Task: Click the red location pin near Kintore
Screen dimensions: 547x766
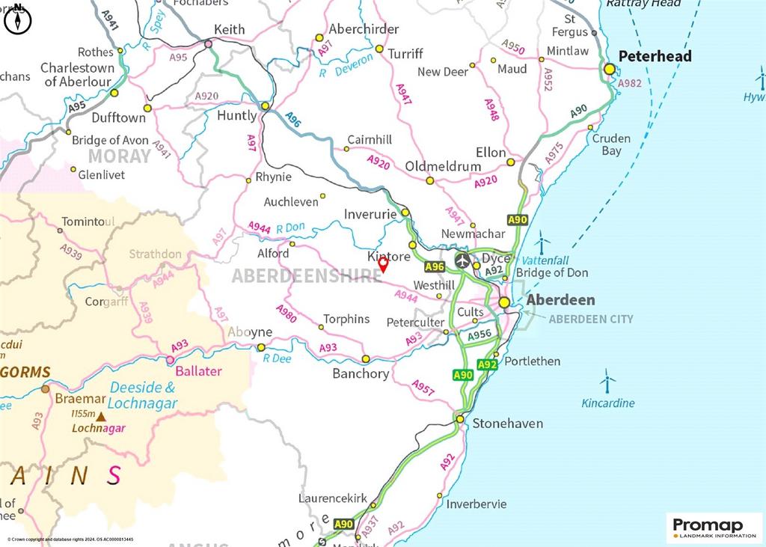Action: pyautogui.click(x=383, y=264)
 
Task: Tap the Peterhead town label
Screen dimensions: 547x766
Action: pyautogui.click(x=655, y=56)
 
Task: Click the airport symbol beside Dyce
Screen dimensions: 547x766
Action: pyautogui.click(x=463, y=261)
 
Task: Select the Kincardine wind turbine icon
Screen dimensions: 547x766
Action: pyautogui.click(x=607, y=382)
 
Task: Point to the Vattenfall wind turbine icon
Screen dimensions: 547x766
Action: pyautogui.click(x=542, y=242)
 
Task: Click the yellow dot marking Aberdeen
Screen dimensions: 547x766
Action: pyautogui.click(x=505, y=302)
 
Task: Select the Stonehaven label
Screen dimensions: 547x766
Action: pyautogui.click(x=507, y=424)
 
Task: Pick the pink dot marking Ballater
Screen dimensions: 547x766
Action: pyautogui.click(x=170, y=360)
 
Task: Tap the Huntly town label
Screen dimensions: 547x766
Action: pyautogui.click(x=236, y=116)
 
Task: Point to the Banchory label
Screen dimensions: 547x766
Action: pyautogui.click(x=361, y=373)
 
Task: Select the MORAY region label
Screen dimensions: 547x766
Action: pyautogui.click(x=120, y=156)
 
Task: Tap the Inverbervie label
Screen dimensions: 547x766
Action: pyautogui.click(x=477, y=504)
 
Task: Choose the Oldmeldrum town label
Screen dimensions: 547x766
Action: pyautogui.click(x=437, y=165)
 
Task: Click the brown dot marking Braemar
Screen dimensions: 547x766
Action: pyautogui.click(x=46, y=389)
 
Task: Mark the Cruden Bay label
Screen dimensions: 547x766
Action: pyautogui.click(x=611, y=144)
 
